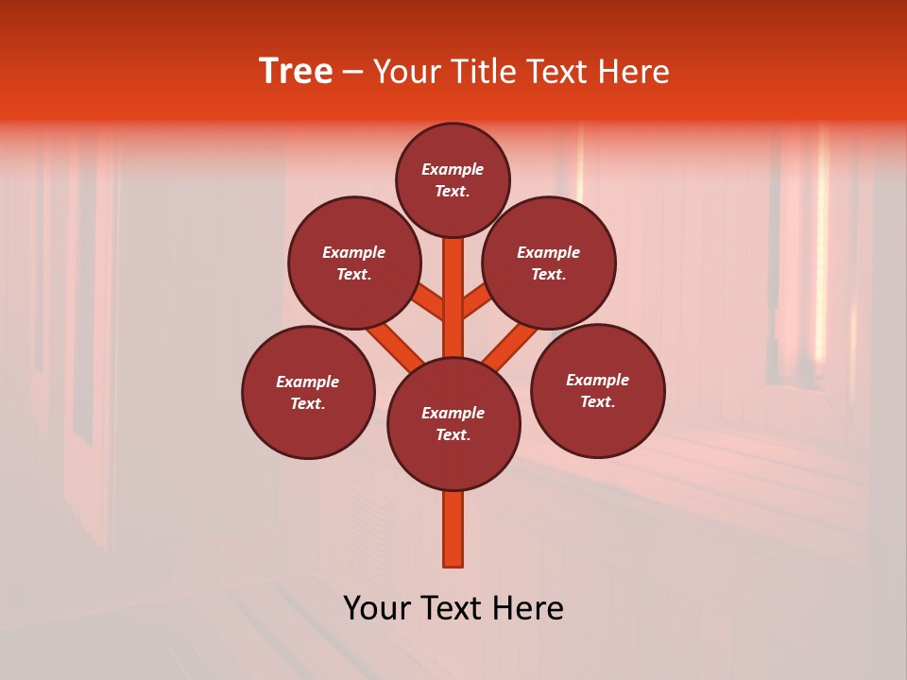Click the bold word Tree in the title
[x=296, y=71]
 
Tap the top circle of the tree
[x=453, y=179]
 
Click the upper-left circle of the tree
[x=354, y=263]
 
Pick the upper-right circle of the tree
[x=549, y=263]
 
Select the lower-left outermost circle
[x=308, y=392]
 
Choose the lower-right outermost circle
[x=598, y=390]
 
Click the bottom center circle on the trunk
[x=453, y=424]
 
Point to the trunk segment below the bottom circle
[x=453, y=529]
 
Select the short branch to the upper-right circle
[x=476, y=302]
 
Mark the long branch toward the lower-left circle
[x=395, y=345]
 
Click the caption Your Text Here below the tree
[x=453, y=608]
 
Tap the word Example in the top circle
[x=453, y=169]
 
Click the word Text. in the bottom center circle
[x=453, y=434]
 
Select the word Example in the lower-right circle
[x=597, y=380]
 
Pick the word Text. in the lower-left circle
[x=307, y=403]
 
